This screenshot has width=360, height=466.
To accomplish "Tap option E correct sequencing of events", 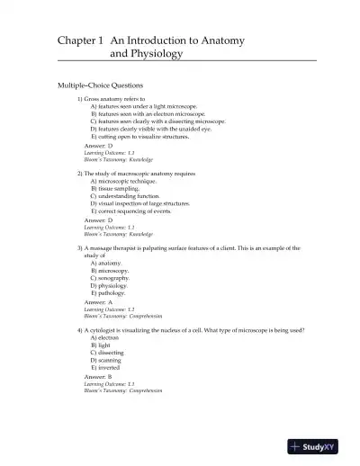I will pos(133,211).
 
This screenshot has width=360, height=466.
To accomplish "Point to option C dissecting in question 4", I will pos(110,352).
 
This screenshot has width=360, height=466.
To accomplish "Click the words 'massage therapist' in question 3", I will pos(111,247).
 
